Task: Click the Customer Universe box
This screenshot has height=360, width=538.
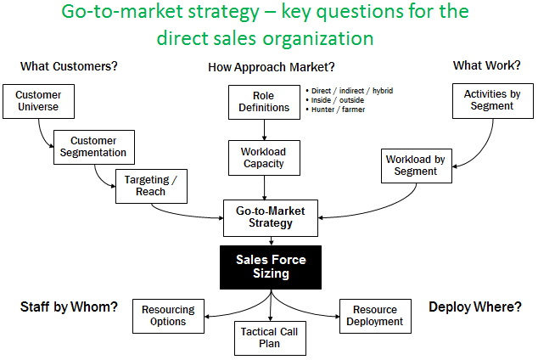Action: pos(39,102)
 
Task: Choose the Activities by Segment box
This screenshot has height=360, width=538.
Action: pos(492,100)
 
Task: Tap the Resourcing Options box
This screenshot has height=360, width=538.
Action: pos(168,316)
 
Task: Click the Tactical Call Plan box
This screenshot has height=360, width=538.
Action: pos(270,337)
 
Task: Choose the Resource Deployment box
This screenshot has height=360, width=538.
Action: pos(374,316)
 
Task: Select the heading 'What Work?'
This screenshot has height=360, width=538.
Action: pos(487,66)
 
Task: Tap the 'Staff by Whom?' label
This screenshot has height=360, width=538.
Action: pos(69,307)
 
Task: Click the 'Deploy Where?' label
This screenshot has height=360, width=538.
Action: pos(475,307)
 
